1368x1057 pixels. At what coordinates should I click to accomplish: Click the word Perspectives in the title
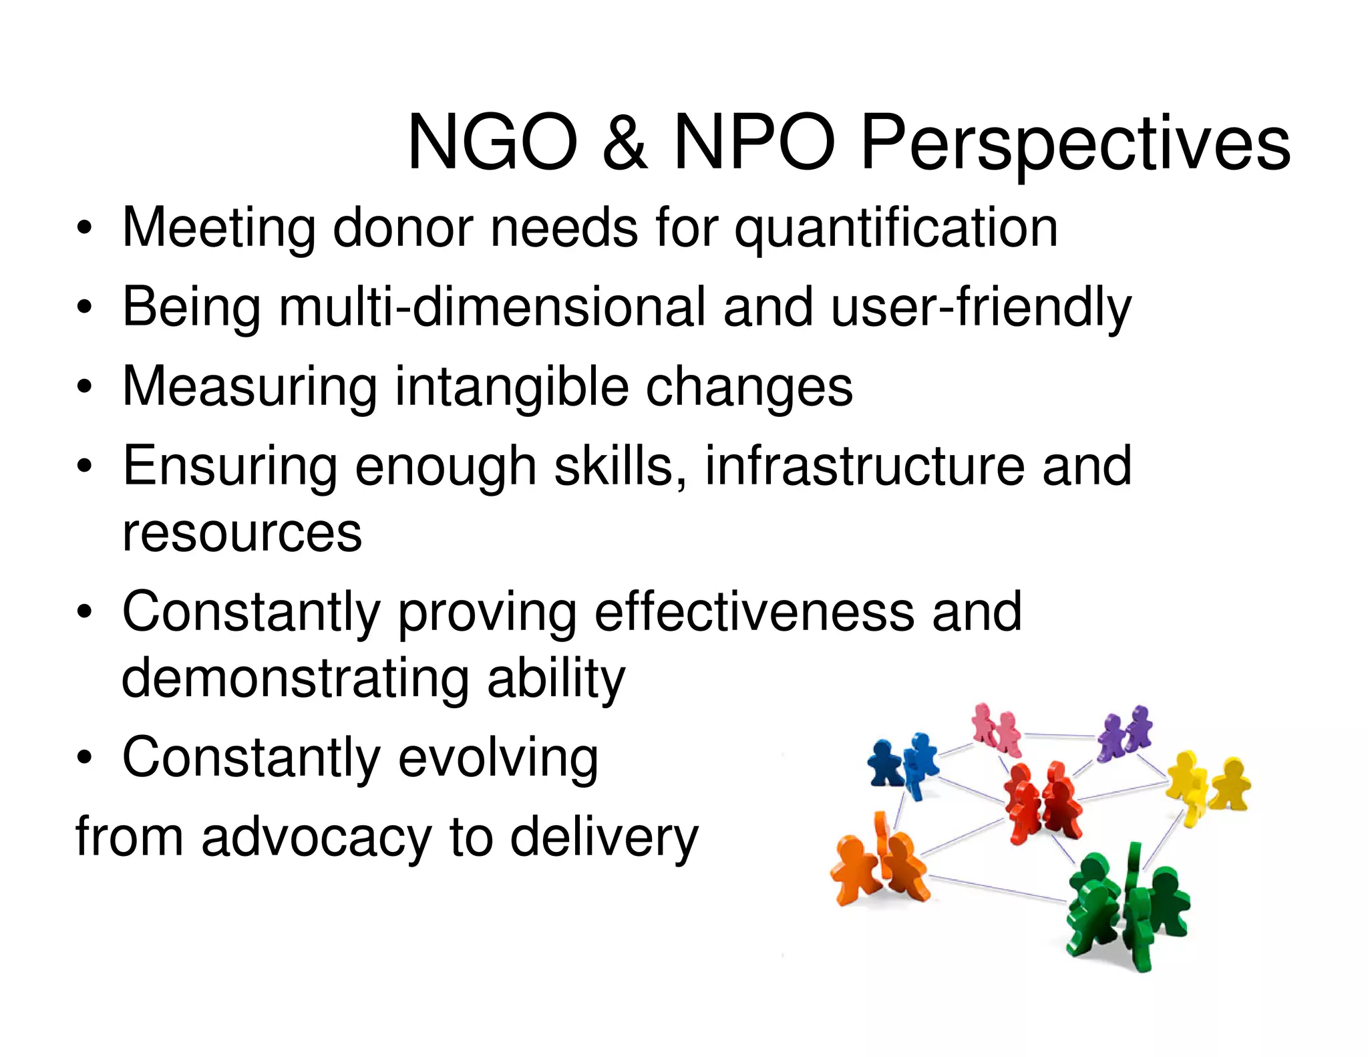click(1075, 144)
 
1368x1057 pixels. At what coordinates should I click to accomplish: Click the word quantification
click(896, 229)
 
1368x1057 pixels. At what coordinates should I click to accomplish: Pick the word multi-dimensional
click(492, 307)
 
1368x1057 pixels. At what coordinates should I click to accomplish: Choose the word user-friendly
click(981, 307)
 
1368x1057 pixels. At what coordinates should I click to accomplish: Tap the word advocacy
click(317, 837)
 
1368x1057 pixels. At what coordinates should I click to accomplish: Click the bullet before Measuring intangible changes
click(84, 388)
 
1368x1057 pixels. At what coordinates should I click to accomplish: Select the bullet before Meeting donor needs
click(84, 229)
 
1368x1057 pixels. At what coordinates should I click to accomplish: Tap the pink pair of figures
click(995, 728)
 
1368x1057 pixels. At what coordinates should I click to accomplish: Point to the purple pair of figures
click(1126, 732)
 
